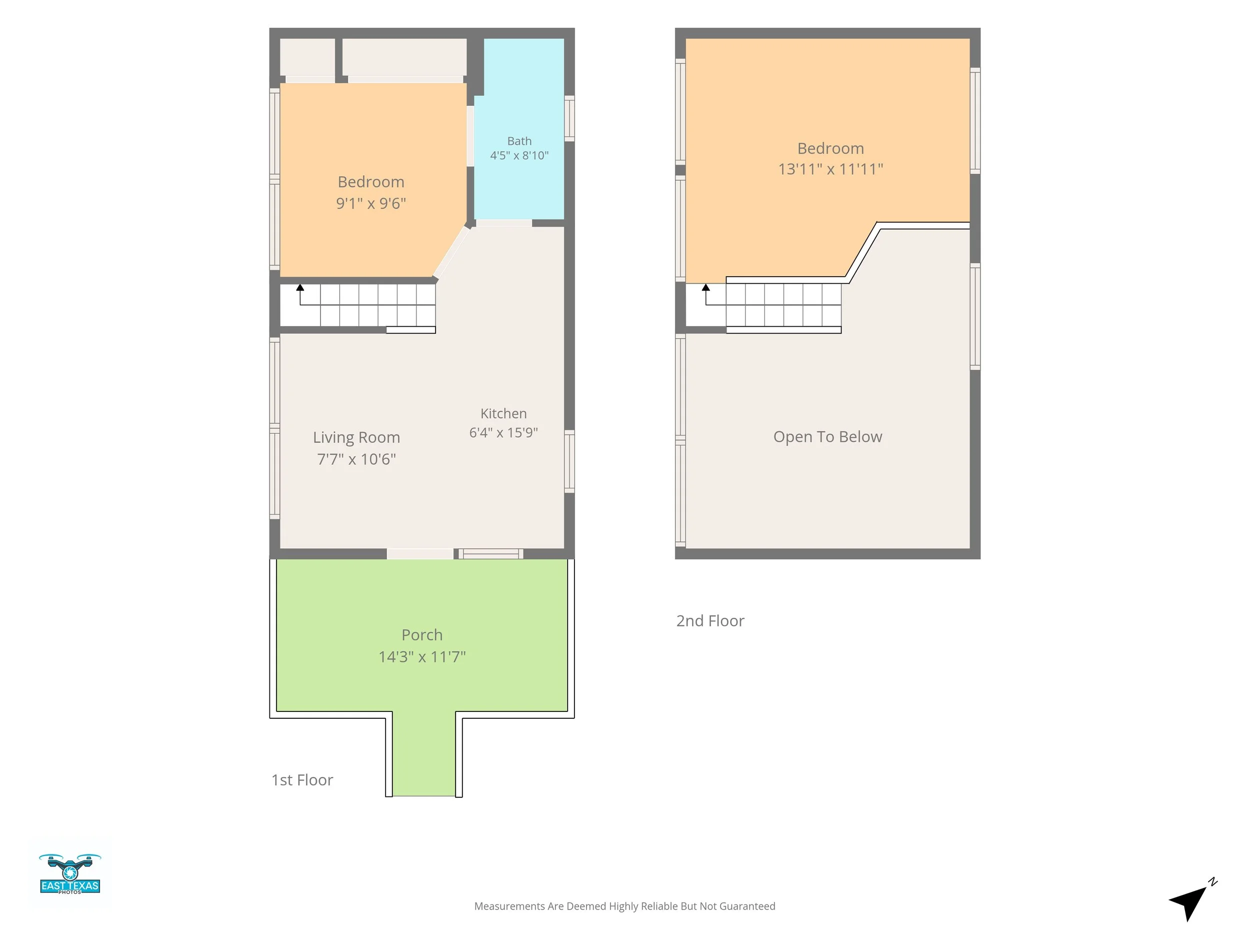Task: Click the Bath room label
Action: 519,141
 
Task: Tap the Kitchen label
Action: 503,413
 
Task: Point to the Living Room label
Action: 356,437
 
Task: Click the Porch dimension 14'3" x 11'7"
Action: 422,656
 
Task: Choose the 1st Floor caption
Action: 302,780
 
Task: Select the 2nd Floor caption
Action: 710,621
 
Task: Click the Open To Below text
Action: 828,437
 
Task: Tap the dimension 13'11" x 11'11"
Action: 830,169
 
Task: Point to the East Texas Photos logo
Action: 70,874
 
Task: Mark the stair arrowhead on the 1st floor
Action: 300,287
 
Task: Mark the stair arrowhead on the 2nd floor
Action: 706,287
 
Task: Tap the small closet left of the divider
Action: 307,57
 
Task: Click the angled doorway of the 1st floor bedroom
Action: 451,252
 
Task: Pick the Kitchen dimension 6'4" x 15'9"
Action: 503,433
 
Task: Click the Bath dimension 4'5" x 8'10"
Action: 519,156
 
